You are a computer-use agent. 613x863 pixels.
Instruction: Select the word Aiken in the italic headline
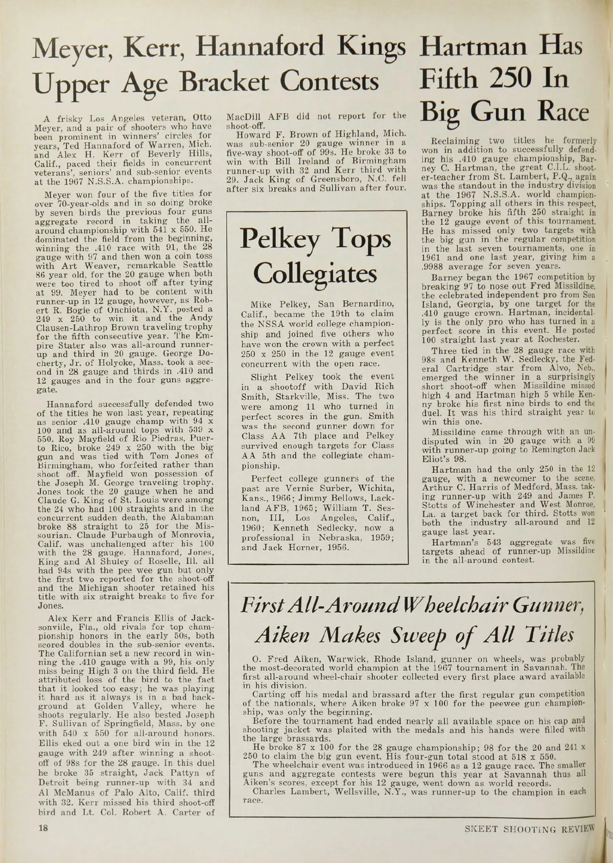pos(280,635)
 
